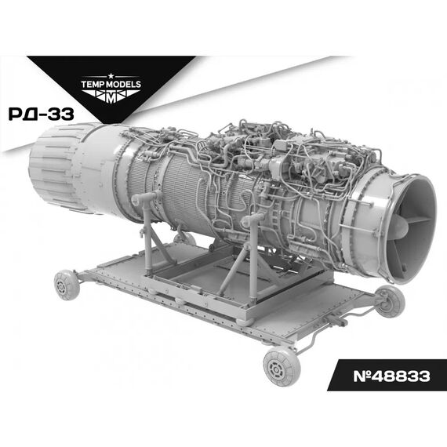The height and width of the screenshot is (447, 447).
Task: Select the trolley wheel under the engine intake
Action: pyautogui.click(x=388, y=301)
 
